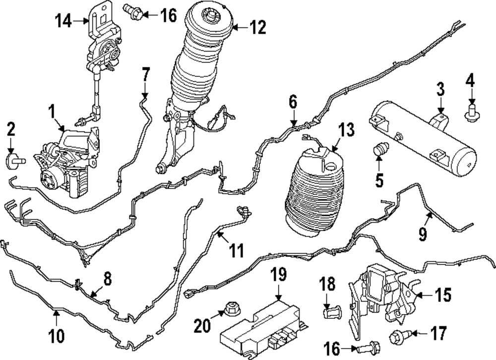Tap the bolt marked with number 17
click(x=398, y=337)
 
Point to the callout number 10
click(x=56, y=337)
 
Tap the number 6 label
click(x=293, y=103)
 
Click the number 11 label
click(x=237, y=251)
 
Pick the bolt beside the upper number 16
click(x=135, y=11)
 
